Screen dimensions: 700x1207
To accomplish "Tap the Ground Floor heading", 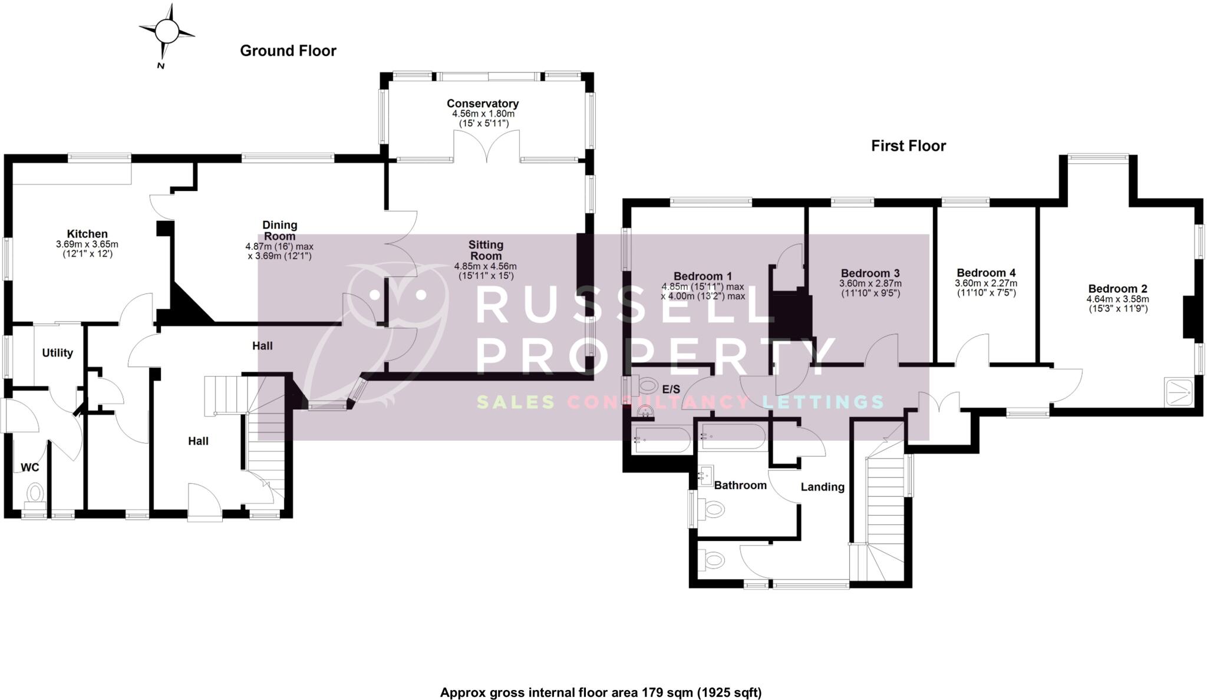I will (288, 51).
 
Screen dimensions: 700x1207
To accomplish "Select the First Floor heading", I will (908, 146).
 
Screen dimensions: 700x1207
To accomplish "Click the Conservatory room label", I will (482, 104).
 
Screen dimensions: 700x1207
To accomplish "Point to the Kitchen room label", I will (87, 234).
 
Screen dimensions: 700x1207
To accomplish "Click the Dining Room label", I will (279, 230).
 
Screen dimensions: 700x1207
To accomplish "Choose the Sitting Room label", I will (486, 250).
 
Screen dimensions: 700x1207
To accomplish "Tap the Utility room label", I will (57, 353).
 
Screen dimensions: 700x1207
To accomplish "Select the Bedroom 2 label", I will (1117, 289).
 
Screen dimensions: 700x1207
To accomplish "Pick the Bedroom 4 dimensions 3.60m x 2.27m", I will (985, 283).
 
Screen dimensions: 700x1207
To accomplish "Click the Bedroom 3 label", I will (870, 273).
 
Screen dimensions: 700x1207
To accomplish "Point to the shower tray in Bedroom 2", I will (1179, 392).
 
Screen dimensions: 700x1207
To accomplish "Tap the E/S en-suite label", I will (671, 389).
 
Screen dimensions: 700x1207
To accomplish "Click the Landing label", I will (822, 487).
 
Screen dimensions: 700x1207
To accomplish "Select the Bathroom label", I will (740, 486).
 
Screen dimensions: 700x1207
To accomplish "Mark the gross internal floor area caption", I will (601, 692).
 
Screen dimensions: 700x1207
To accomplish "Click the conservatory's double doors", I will (486, 147).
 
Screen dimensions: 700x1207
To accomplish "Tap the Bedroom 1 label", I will (703, 276).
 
